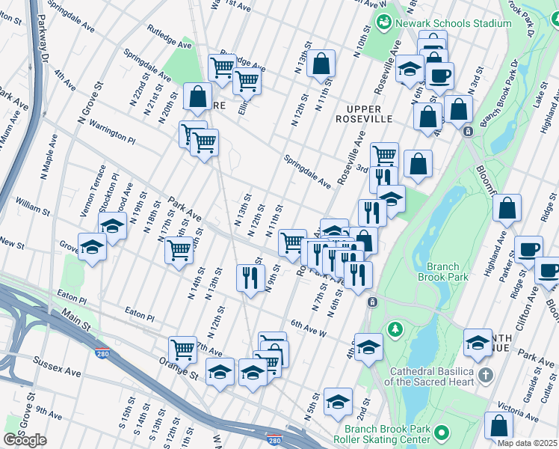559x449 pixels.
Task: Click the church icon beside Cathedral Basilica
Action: (x=485, y=374)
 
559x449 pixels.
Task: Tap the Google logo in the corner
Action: (x=25, y=440)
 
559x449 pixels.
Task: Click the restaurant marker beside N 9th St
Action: (x=250, y=278)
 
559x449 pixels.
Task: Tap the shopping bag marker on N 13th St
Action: (x=321, y=64)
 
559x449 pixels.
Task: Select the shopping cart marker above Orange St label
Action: (x=182, y=349)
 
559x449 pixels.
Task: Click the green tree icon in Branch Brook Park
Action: (x=395, y=329)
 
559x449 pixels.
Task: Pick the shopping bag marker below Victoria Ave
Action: (x=498, y=426)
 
